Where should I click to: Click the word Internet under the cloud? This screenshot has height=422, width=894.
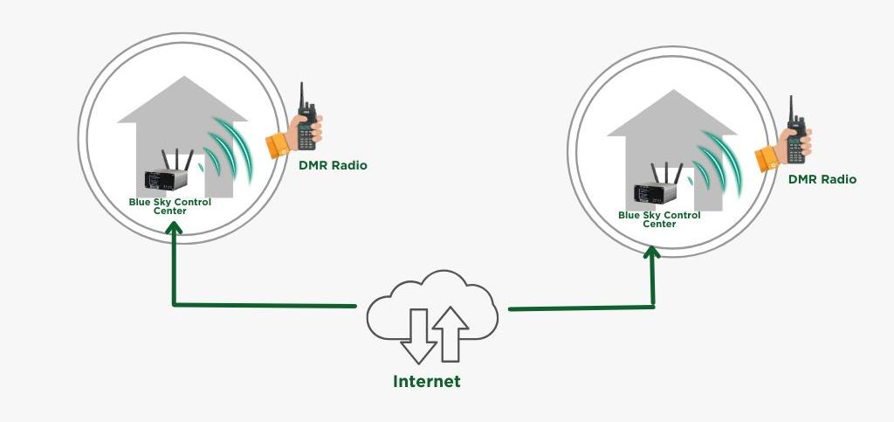[426, 382]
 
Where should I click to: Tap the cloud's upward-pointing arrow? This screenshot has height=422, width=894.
[450, 332]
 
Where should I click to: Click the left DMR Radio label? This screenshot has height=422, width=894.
[333, 165]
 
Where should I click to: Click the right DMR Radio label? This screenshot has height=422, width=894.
[822, 179]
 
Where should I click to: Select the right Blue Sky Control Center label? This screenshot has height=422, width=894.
[659, 218]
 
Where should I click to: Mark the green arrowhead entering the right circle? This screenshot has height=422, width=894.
[651, 251]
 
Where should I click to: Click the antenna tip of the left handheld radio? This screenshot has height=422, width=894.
[302, 86]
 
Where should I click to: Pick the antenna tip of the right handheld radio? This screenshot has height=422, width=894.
[791, 99]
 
